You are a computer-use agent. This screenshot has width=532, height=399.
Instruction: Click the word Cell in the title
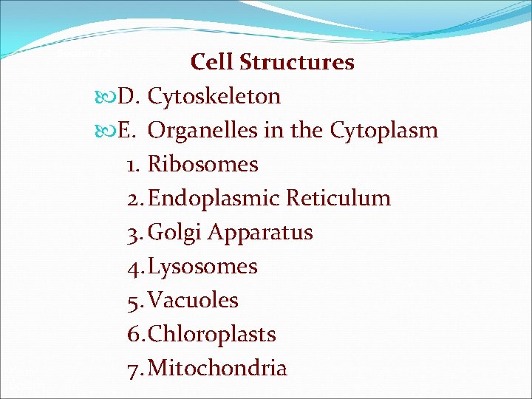point(211,62)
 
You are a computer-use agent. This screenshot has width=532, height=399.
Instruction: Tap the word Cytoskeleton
point(214,97)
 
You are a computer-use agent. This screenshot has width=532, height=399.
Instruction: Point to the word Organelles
point(202,131)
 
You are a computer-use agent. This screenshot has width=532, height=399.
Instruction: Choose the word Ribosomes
point(203,165)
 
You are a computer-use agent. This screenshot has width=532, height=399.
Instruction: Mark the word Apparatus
point(260,233)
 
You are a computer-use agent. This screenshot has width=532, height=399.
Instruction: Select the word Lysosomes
point(203,267)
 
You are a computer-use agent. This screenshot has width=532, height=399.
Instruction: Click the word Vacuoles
point(194,301)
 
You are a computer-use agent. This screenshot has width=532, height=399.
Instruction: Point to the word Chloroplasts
point(212,335)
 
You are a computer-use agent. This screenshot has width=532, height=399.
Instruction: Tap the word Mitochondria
point(218,369)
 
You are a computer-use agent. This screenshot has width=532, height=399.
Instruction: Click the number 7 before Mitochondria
point(133,369)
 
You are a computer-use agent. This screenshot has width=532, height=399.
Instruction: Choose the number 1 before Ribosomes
point(132,165)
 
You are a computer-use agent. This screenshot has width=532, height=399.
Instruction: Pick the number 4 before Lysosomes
point(133,267)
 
